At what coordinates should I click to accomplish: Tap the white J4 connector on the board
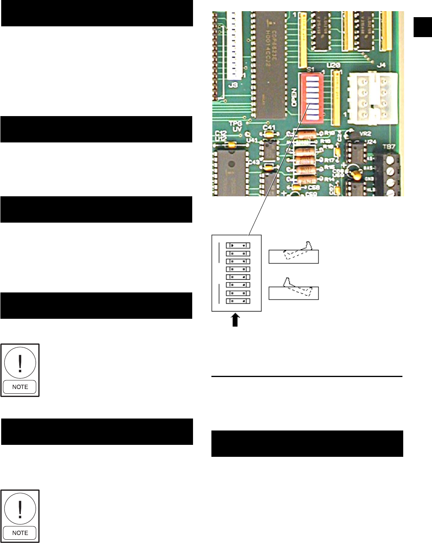[x=372, y=97]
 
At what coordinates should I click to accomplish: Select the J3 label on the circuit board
[x=233, y=85]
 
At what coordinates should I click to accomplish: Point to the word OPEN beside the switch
[x=294, y=97]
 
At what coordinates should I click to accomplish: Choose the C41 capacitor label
[x=269, y=128]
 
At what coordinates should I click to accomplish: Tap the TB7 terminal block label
[x=389, y=147]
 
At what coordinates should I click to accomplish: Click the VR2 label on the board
[x=365, y=134]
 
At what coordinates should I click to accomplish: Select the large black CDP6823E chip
[x=271, y=64]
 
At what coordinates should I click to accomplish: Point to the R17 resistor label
[x=329, y=160]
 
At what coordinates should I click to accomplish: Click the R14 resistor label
[x=329, y=180]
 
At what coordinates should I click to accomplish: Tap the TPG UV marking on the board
[x=236, y=126]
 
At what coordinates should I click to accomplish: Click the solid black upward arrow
[x=235, y=320]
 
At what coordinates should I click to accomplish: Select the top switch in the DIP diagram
[x=238, y=245]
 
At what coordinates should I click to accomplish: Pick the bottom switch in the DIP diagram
[x=238, y=301]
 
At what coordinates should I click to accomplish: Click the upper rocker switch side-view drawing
[x=294, y=254]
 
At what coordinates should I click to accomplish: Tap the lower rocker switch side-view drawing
[x=294, y=290]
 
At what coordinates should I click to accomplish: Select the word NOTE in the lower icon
[x=20, y=533]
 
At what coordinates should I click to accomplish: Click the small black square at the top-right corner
[x=423, y=27]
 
